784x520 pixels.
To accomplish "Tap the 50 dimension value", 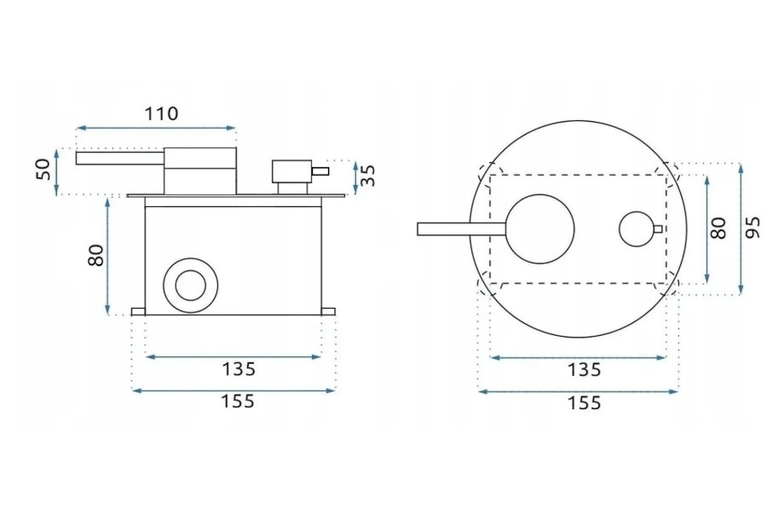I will tap(43, 169).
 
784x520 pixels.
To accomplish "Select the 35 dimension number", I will tap(367, 176).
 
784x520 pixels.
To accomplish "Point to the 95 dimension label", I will tap(752, 228).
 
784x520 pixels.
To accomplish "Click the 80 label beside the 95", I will tap(718, 228).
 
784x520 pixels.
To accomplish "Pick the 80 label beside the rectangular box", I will tap(96, 255).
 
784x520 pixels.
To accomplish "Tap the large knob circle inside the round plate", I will tap(542, 228).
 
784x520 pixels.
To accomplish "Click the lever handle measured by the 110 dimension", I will tap(119, 158).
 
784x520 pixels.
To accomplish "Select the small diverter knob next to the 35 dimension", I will tap(291, 170).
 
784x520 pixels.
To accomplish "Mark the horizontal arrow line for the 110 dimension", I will tap(156, 129).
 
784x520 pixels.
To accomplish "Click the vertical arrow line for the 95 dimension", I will tap(741, 228).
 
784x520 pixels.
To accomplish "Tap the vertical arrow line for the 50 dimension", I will tap(57, 171).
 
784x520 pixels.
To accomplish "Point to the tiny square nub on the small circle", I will tap(658, 228).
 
